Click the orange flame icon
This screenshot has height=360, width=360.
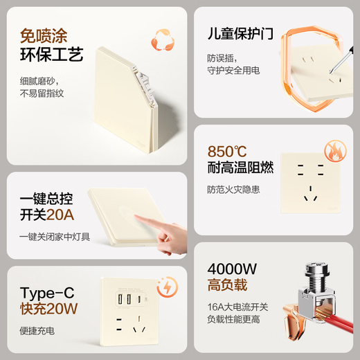(334, 152)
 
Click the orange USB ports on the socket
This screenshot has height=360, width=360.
(126, 299)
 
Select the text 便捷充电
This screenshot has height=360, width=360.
(37, 330)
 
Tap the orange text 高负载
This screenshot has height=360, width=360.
(227, 285)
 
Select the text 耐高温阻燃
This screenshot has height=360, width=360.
(240, 168)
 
